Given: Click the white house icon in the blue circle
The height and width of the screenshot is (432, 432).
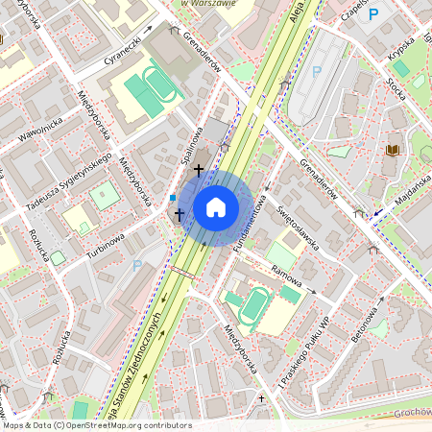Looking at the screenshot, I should [x=216, y=206].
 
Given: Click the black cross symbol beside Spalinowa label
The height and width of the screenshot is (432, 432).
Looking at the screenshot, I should [x=199, y=170].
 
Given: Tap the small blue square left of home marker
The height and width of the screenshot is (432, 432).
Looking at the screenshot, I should [x=172, y=198].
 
